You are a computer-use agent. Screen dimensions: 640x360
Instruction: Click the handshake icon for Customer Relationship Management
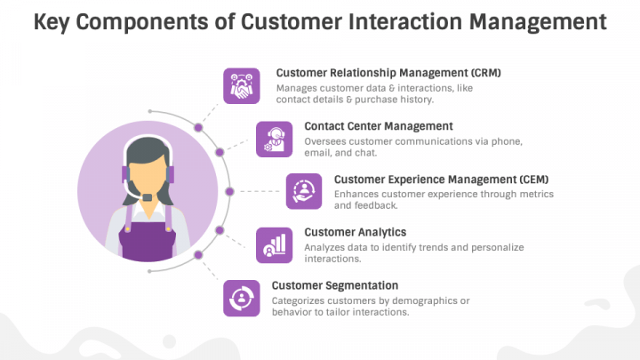[x=241, y=86]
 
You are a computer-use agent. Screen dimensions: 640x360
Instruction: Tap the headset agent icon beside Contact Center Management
[x=275, y=140]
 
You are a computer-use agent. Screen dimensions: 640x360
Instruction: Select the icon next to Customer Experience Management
[x=304, y=191]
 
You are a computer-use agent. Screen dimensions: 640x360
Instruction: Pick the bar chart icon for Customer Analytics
[x=275, y=245]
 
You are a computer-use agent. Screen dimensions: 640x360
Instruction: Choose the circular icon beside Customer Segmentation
[x=241, y=299]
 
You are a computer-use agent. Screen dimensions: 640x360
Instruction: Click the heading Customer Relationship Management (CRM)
[x=388, y=73]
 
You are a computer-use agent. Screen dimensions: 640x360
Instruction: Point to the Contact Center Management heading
[x=379, y=126]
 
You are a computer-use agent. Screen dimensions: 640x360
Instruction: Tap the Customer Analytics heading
[x=355, y=232]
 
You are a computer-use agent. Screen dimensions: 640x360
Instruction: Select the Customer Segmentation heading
[x=335, y=285]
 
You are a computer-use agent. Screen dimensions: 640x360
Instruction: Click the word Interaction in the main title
[x=405, y=21]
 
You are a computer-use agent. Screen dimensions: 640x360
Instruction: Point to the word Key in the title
[x=51, y=22]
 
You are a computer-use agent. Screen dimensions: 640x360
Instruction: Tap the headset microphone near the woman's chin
[x=147, y=197]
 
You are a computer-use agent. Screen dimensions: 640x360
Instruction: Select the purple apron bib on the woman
[x=148, y=242]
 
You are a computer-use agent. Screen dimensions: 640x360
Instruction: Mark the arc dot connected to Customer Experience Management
[x=229, y=191]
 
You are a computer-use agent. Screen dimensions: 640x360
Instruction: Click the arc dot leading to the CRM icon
[x=198, y=128]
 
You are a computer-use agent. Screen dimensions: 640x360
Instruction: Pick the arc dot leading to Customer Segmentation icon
[x=198, y=255]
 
